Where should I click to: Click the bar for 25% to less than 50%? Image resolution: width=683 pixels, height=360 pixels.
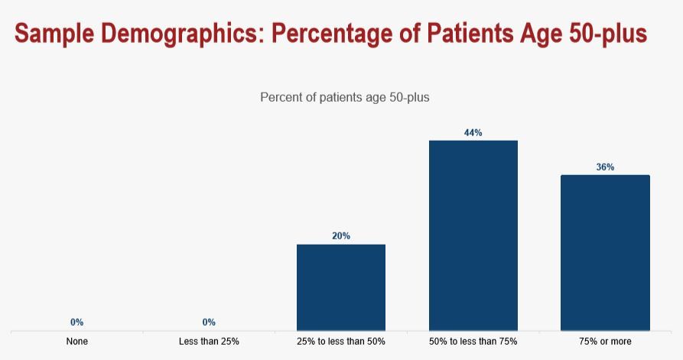coord(341,287)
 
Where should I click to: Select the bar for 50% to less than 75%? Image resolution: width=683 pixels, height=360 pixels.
coord(473,235)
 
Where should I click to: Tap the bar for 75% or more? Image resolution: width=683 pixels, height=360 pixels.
coord(605,253)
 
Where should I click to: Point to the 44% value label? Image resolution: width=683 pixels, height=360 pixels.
coord(473,133)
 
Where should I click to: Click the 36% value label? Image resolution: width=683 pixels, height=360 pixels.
coord(605,167)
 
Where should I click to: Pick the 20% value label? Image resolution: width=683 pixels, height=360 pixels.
coord(341,236)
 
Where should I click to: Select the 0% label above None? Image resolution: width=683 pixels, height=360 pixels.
coord(76,323)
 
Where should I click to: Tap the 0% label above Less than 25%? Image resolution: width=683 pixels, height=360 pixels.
coord(209,323)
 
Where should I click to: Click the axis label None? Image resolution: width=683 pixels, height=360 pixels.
coord(76,342)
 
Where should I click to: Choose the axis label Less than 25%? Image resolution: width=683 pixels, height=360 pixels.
coord(209,342)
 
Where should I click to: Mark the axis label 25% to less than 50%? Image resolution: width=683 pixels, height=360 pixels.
coord(341,342)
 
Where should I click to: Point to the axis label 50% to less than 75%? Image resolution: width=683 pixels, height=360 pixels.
coord(473,342)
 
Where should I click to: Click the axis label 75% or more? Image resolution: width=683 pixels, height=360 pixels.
coord(605,342)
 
